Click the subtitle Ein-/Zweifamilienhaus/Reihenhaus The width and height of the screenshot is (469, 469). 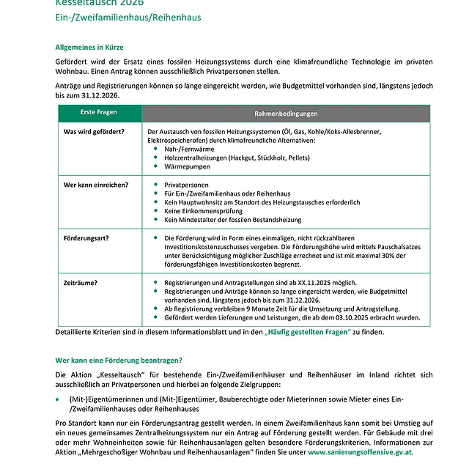coord(128,17)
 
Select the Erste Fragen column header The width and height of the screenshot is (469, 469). coord(98,114)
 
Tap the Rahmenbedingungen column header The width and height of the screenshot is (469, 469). coord(286,114)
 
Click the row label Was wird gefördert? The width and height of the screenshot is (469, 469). coord(94,131)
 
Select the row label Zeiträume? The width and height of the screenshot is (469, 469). coord(81,282)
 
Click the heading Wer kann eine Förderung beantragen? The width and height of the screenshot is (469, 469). coord(119,360)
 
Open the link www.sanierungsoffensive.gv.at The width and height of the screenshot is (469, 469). coord(360,453)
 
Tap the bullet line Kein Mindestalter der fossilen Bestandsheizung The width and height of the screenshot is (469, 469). coord(233,220)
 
